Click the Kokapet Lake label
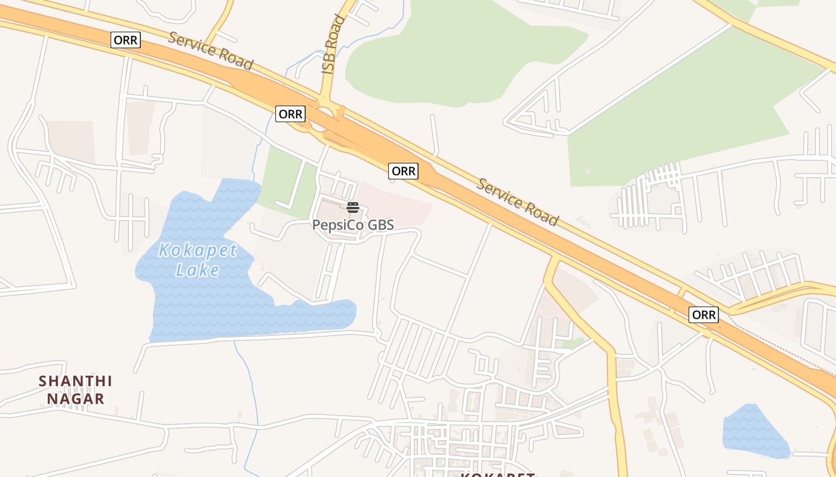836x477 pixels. pos(198,260)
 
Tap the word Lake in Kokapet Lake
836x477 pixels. pos(198,270)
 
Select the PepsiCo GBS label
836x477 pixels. pos(353,225)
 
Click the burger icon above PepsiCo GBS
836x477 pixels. pos(353,207)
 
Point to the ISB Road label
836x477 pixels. pos(333,45)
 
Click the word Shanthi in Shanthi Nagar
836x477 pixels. pos(76,380)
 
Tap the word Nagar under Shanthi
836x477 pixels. pos(76,398)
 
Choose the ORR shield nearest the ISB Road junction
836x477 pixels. pos(290,113)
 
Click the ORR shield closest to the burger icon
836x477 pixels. pos(403,171)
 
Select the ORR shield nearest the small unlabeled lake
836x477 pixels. pos(703,314)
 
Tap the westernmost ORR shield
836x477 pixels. pos(125,40)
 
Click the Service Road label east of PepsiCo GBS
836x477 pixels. pos(517,202)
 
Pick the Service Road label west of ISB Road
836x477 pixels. pos(210,50)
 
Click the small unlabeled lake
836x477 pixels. pos(754,432)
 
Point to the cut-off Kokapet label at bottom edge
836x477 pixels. pos(497,474)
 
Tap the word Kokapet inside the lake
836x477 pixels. pos(198,250)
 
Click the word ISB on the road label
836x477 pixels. pos(328,63)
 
